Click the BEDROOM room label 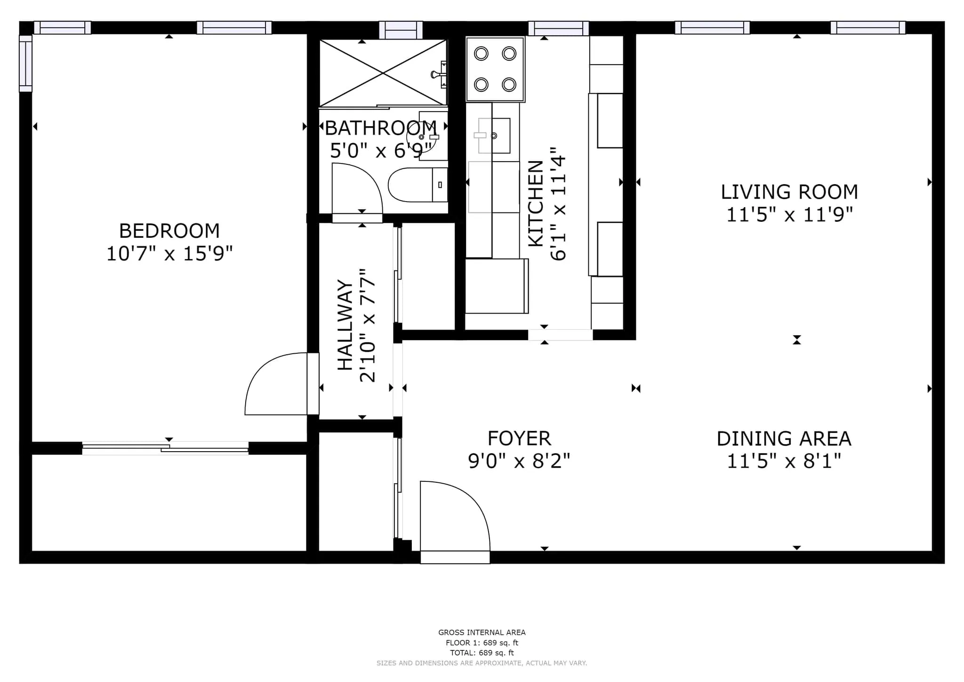coord(169,231)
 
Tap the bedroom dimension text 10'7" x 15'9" coord(169,254)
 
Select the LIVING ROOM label coord(789,192)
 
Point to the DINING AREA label coord(784,439)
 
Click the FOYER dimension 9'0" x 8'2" coord(519,461)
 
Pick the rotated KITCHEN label coord(536,203)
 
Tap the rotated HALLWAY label coord(345,325)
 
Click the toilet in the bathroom coord(417,185)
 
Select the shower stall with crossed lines coord(382,73)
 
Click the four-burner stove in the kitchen coord(495,69)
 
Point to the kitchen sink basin coord(494,136)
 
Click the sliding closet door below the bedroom coord(165,448)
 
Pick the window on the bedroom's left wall coord(25,63)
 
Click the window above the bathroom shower coord(401,30)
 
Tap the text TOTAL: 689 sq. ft coord(482,653)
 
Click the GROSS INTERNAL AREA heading coord(482,633)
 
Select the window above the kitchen coord(558,28)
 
